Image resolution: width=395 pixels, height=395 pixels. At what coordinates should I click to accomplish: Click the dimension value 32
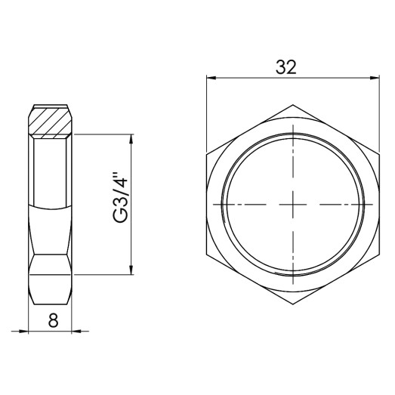point(285,66)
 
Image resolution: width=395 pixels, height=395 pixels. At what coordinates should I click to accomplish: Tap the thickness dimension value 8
point(53,319)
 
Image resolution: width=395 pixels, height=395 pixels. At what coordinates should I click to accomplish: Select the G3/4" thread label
point(120,199)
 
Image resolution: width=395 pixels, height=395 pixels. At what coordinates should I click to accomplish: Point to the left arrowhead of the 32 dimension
point(211,77)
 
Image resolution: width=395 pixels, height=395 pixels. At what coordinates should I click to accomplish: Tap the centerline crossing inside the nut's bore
point(292,205)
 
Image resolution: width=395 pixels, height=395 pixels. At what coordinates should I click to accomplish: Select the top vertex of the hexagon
point(292,105)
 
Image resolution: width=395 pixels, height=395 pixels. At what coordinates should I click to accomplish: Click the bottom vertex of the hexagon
point(292,304)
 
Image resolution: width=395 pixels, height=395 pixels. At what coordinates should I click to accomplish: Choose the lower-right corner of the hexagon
point(378,255)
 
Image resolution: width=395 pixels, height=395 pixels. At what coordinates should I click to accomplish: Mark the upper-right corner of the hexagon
point(378,155)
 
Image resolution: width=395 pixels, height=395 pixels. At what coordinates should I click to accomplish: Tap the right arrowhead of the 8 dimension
point(77,331)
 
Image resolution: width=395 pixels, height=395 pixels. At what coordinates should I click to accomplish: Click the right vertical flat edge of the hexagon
point(378,205)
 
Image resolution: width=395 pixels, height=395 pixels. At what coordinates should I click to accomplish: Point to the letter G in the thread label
point(120,216)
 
